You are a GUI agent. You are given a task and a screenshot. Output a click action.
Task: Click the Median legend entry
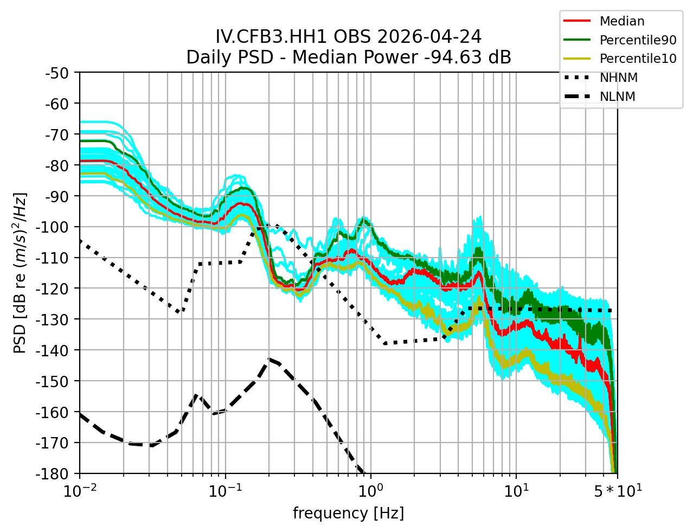[x=621, y=22]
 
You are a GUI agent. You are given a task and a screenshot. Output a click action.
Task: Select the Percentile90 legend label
[x=638, y=40]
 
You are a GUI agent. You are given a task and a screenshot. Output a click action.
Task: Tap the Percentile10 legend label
[x=638, y=59]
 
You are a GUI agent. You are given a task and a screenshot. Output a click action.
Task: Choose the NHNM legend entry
[x=618, y=78]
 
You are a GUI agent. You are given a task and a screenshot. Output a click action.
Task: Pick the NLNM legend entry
[x=617, y=97]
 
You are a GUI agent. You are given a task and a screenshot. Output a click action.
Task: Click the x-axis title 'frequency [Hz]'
[x=348, y=513]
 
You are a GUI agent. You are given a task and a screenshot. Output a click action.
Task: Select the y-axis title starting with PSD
[x=20, y=272]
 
